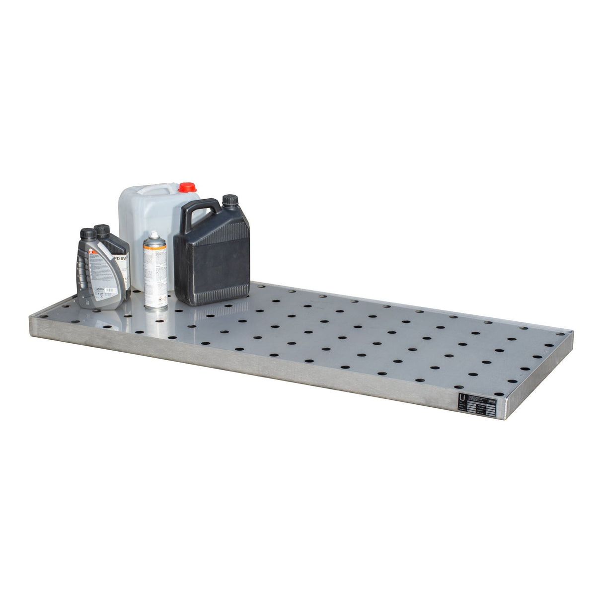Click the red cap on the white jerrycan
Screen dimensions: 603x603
tap(187, 188)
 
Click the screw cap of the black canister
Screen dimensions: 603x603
tap(230, 201)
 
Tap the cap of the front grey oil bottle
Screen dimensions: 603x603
tap(88, 234)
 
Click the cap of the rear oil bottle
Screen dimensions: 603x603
tap(102, 230)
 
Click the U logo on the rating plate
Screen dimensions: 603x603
tap(463, 398)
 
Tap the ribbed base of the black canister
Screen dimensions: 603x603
tap(211, 298)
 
